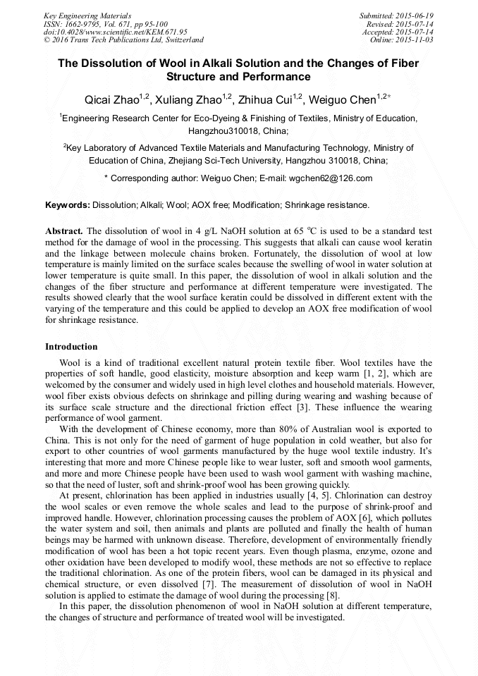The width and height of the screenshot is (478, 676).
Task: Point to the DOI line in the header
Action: point(115,32)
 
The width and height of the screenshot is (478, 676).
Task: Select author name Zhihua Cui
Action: point(271,101)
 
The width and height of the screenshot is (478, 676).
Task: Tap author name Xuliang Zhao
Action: point(192,101)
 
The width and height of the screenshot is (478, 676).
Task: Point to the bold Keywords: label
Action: point(68,205)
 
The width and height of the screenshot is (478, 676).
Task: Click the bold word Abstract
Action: point(64,231)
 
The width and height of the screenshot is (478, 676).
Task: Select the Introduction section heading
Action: point(71,347)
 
